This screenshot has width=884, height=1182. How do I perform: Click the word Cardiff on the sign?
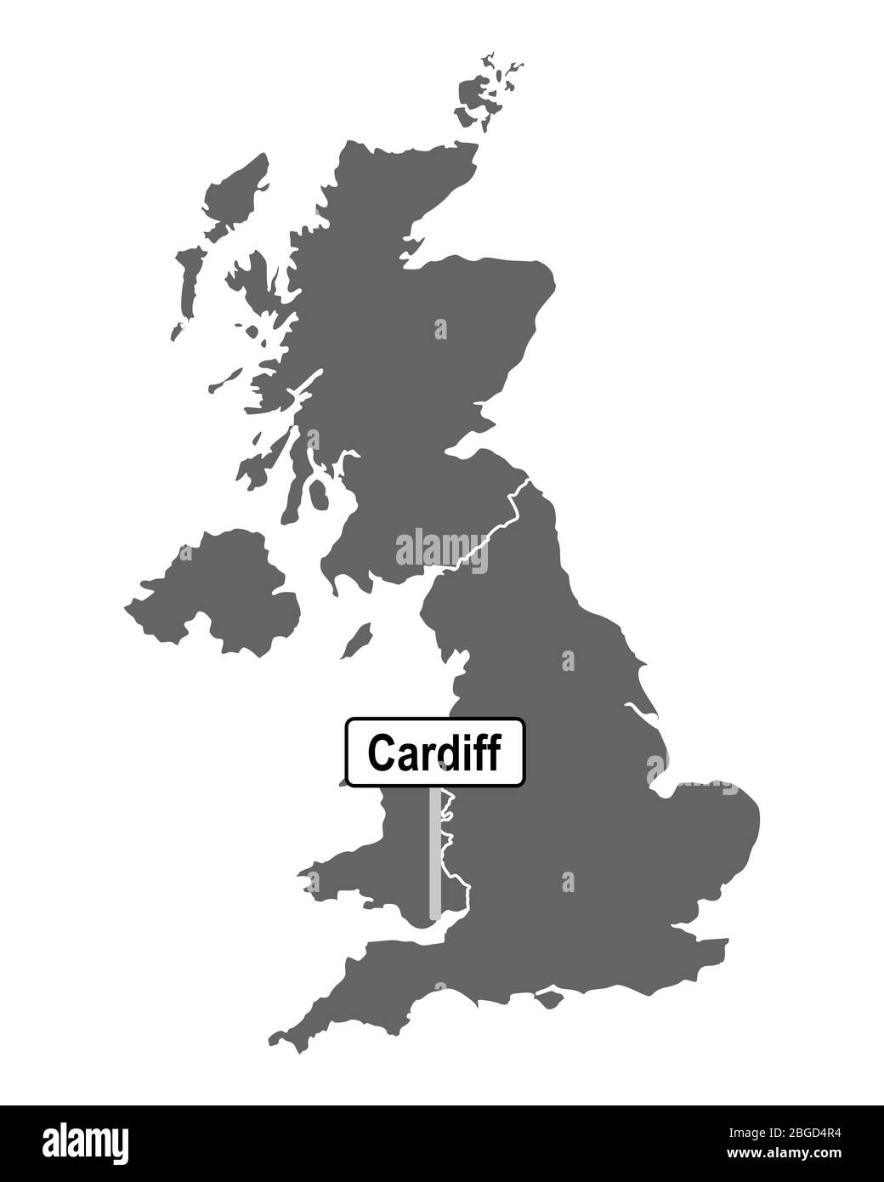[x=434, y=752]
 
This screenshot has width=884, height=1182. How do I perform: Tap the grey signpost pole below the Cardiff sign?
[x=435, y=850]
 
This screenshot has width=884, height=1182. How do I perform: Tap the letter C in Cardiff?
[x=379, y=752]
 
